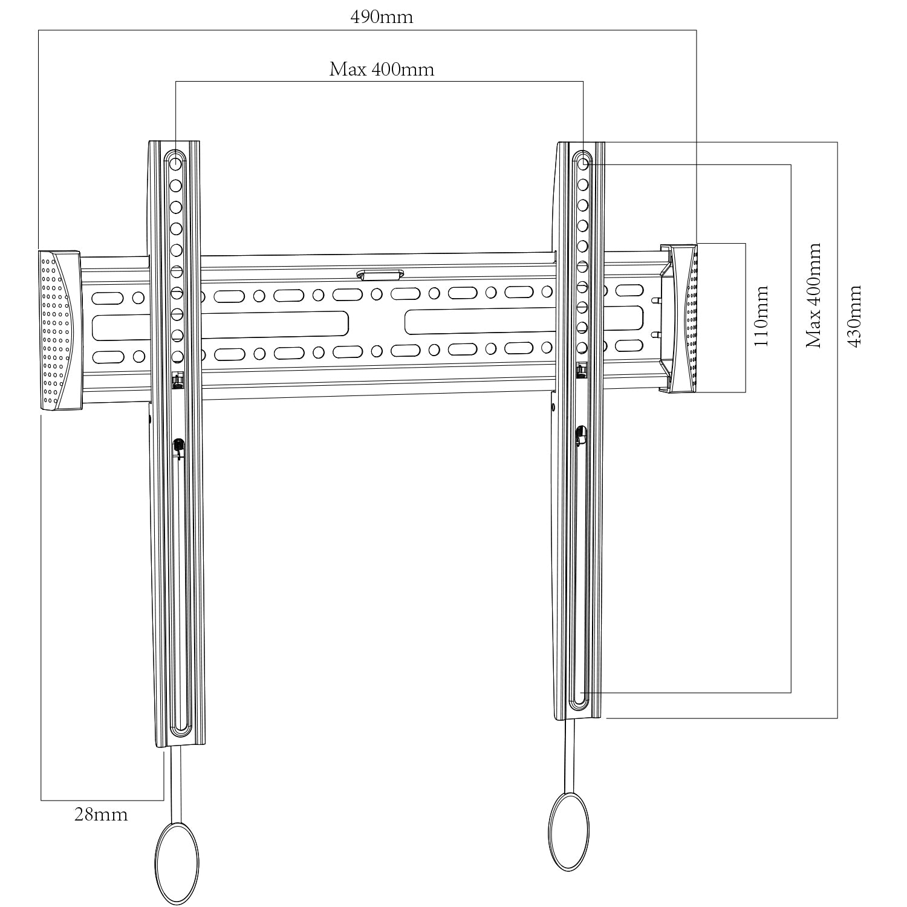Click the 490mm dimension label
pyautogui.click(x=382, y=17)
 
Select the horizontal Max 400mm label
pyautogui.click(x=382, y=70)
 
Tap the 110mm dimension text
pyautogui.click(x=761, y=316)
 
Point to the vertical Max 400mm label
pyautogui.click(x=814, y=296)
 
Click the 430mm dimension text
pyautogui.click(x=855, y=316)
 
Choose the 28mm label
pyautogui.click(x=101, y=815)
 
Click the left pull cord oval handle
pyautogui.click(x=177, y=856)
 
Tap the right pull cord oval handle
pyautogui.click(x=568, y=832)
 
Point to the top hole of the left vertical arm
pyautogui.click(x=176, y=163)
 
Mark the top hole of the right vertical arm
pyautogui.click(x=582, y=164)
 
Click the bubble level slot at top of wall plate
pyautogui.click(x=380, y=276)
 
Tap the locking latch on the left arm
pyautogui.click(x=178, y=446)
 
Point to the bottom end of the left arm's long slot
pyautogui.click(x=180, y=728)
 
